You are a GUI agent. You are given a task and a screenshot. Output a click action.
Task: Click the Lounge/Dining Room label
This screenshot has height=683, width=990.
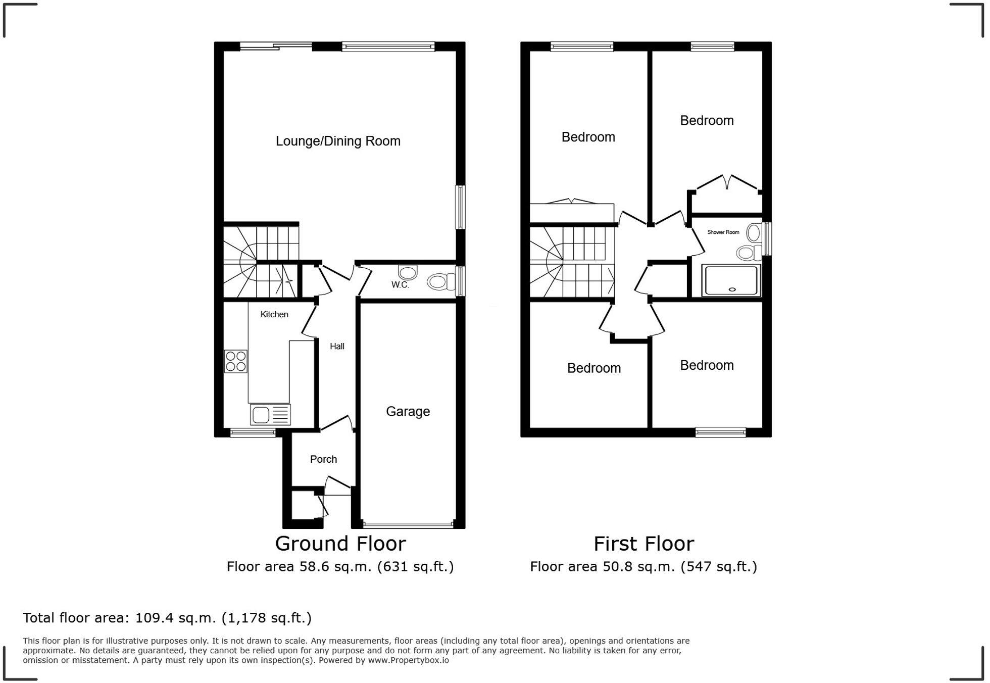point(338,141)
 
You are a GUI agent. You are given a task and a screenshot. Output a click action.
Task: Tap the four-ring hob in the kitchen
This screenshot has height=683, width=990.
point(236,361)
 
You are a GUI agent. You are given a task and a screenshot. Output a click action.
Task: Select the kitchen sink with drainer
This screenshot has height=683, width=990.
point(270,415)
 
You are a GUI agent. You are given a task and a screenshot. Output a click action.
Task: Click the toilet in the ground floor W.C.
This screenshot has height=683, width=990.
point(440,281)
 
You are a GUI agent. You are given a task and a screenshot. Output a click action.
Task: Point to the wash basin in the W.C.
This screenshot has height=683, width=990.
point(408,272)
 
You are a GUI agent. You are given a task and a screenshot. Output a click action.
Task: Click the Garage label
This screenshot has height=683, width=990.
point(408,411)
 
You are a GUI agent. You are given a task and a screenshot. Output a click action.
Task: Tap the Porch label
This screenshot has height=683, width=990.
point(323,459)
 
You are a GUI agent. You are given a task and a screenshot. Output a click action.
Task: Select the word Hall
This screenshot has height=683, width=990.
point(337,347)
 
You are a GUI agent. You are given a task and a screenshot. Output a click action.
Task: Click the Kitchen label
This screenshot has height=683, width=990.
point(274,314)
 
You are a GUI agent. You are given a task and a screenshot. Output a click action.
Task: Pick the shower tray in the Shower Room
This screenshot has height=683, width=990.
point(731,280)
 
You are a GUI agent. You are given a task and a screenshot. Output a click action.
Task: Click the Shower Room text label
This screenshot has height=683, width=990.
point(723,232)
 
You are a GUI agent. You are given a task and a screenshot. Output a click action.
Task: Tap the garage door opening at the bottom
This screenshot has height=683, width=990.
point(408,525)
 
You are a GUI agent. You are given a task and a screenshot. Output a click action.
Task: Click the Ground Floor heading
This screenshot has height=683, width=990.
point(340,544)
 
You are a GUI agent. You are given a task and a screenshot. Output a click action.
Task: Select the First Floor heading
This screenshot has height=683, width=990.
point(643,544)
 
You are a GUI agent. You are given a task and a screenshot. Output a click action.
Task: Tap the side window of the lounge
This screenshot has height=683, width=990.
point(460,207)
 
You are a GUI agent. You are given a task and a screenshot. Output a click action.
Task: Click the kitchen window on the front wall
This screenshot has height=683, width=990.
point(253,432)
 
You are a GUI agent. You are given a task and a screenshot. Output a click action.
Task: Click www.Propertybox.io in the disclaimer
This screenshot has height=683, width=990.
point(408,660)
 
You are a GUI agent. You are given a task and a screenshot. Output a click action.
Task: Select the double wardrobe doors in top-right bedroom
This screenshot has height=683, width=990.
point(727,183)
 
